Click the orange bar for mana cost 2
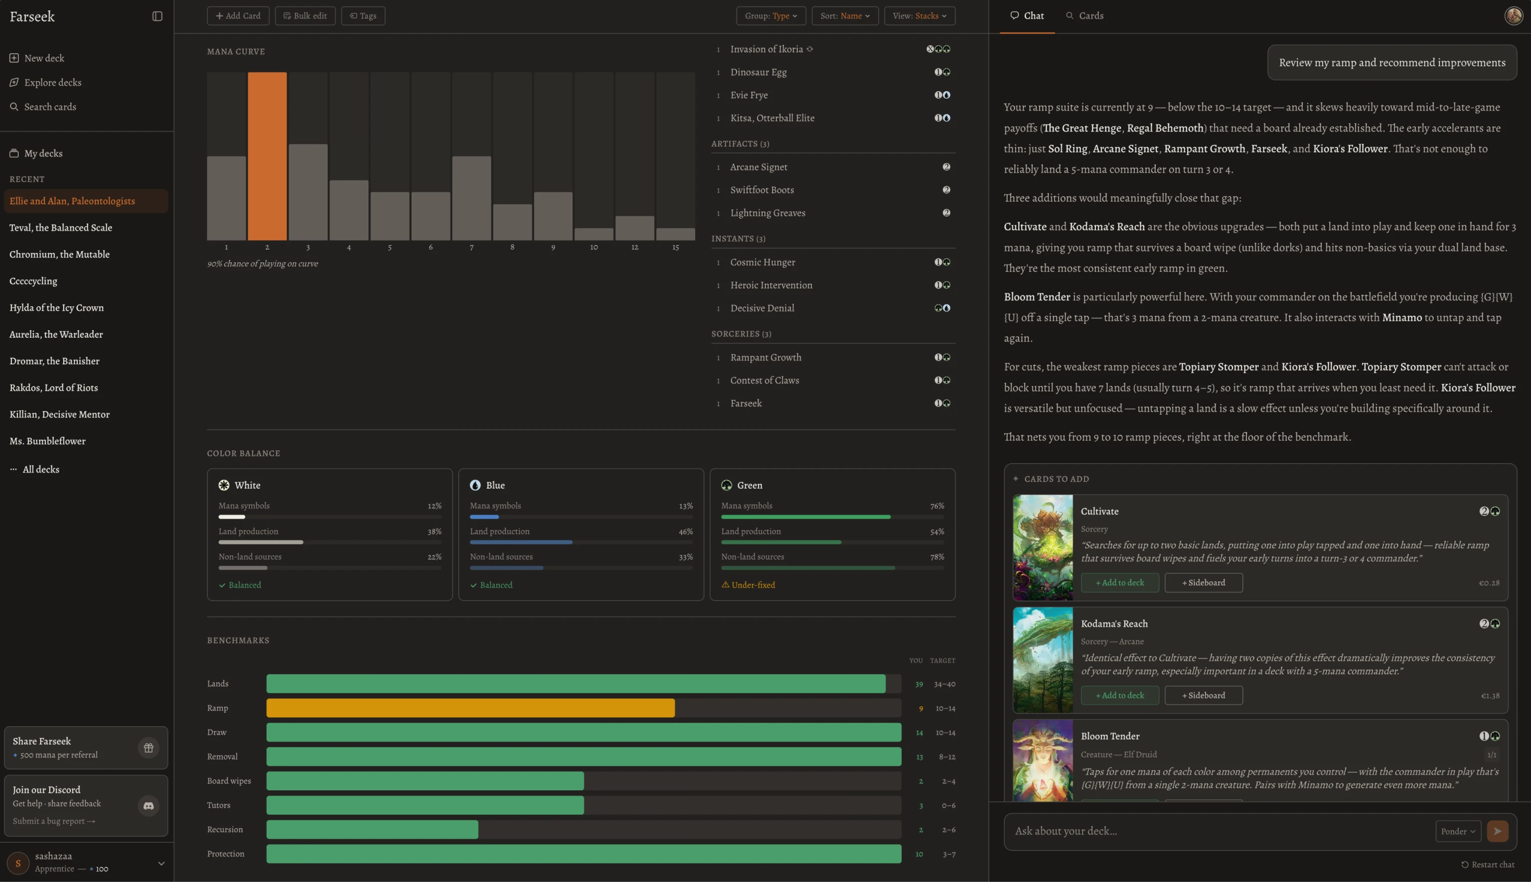[267, 156]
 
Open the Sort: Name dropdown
[844, 16]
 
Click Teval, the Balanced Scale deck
[61, 228]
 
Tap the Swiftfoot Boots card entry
[762, 190]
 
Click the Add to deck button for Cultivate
[1119, 583]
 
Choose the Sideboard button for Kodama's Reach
[1203, 695]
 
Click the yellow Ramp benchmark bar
[470, 708]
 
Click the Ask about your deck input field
[1218, 831]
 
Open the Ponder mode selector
[1458, 831]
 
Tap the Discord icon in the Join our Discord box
[149, 806]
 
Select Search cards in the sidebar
[50, 107]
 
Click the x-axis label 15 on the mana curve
[675, 247]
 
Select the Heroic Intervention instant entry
[771, 285]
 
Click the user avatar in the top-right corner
[1514, 16]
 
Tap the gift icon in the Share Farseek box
[149, 748]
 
